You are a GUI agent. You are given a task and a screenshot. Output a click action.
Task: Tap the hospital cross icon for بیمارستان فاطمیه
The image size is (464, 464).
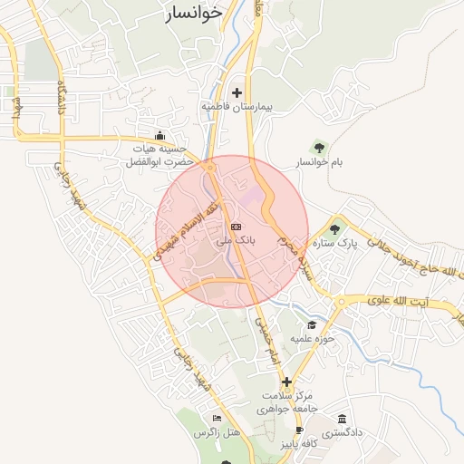[237, 92]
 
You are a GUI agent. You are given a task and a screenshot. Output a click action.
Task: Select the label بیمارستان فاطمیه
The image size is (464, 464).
[237, 107]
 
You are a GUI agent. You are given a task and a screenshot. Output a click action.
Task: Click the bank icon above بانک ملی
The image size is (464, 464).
[237, 227]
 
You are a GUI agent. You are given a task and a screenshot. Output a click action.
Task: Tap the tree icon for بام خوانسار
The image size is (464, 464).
[318, 147]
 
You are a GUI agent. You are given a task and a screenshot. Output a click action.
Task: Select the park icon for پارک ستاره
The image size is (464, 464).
[335, 229]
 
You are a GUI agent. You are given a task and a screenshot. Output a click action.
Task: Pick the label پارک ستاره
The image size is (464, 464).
[335, 244]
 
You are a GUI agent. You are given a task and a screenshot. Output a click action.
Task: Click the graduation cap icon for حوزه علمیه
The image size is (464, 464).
[312, 324]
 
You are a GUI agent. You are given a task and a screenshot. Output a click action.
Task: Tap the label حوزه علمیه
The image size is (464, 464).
[313, 339]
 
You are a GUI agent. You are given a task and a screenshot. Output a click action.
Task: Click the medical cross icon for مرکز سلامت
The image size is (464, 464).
[287, 382]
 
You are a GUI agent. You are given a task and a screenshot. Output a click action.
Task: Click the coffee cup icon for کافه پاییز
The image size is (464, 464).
[300, 430]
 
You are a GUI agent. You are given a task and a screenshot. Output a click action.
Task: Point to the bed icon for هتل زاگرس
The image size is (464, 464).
[216, 419]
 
